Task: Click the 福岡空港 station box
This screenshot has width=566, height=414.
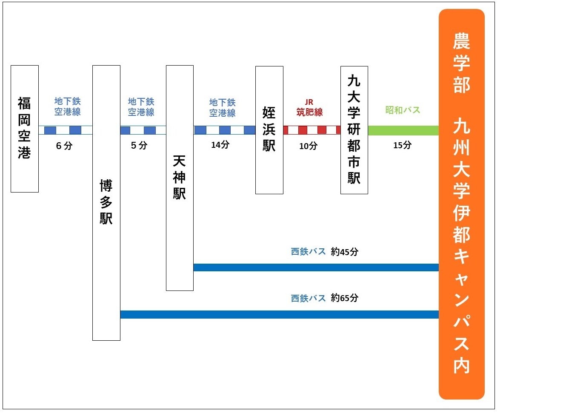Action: tap(25, 129)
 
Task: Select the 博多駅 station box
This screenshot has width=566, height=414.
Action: tap(106, 203)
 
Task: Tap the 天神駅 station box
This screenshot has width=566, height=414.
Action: tap(180, 178)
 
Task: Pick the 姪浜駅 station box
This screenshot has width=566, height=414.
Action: tap(269, 130)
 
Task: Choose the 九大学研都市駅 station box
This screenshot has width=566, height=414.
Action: tap(354, 130)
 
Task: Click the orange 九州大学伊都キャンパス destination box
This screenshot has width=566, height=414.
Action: tap(462, 204)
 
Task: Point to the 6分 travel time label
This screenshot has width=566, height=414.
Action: tap(64, 146)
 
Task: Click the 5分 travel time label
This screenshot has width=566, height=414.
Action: tap(139, 145)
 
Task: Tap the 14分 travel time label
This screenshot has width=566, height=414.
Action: tap(220, 145)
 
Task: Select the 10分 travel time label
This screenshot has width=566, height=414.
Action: tap(308, 146)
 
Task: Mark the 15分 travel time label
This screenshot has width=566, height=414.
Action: tap(402, 145)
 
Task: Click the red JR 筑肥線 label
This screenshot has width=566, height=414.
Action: tap(309, 108)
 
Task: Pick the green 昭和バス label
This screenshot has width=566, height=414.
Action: tap(403, 110)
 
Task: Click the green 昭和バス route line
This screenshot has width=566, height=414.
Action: tap(403, 130)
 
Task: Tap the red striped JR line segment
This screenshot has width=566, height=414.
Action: tap(312, 130)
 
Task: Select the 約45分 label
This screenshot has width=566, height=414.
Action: tap(345, 252)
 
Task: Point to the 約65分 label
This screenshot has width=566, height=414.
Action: tap(345, 298)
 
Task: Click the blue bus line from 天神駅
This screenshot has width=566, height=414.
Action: tap(316, 267)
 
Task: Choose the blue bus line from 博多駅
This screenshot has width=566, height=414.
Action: tap(279, 315)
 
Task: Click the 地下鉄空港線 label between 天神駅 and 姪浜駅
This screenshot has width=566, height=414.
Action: tap(222, 108)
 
